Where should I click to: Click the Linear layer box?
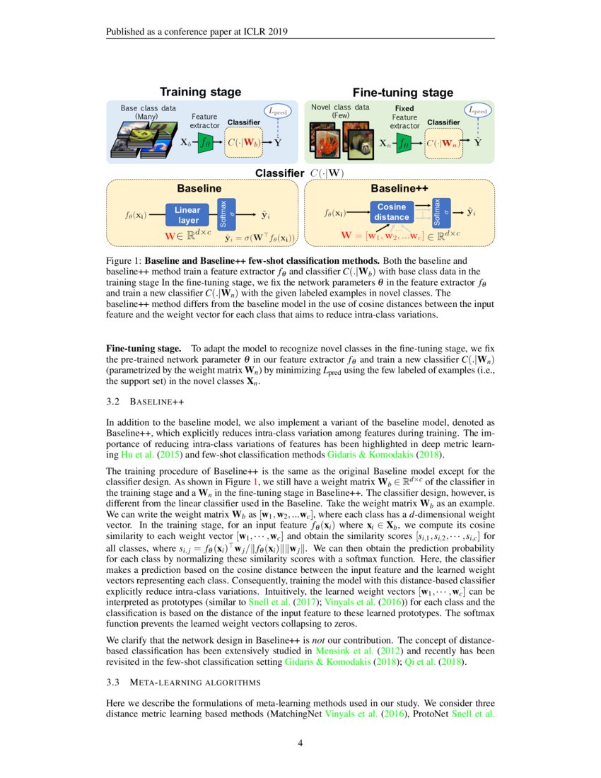(x=187, y=214)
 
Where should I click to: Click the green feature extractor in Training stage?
(x=206, y=141)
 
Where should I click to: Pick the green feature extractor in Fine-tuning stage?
(x=404, y=142)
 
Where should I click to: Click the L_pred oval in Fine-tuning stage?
(x=480, y=110)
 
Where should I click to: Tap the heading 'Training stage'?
(x=200, y=92)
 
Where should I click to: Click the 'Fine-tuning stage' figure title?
(x=402, y=93)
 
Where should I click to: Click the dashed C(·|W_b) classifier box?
(x=244, y=142)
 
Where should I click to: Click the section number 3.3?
(x=113, y=683)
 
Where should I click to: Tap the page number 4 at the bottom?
(x=300, y=743)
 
